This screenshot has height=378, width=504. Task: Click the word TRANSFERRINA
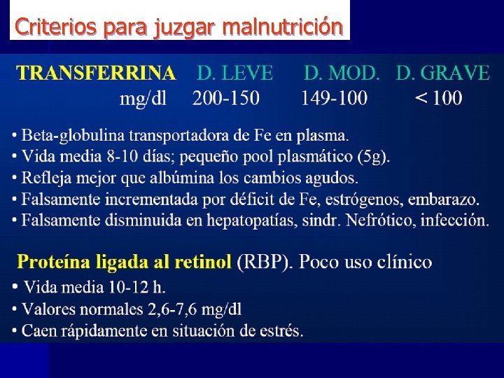click(x=97, y=73)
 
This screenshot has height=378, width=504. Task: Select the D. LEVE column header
click(x=235, y=73)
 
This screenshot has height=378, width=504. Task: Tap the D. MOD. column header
click(x=342, y=73)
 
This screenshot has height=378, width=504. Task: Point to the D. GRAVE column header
click(x=442, y=73)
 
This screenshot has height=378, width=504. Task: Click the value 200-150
click(x=225, y=98)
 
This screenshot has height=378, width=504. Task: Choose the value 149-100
click(x=334, y=98)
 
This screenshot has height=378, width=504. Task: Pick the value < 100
click(x=439, y=98)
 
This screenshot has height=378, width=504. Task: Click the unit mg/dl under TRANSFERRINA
click(x=143, y=99)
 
